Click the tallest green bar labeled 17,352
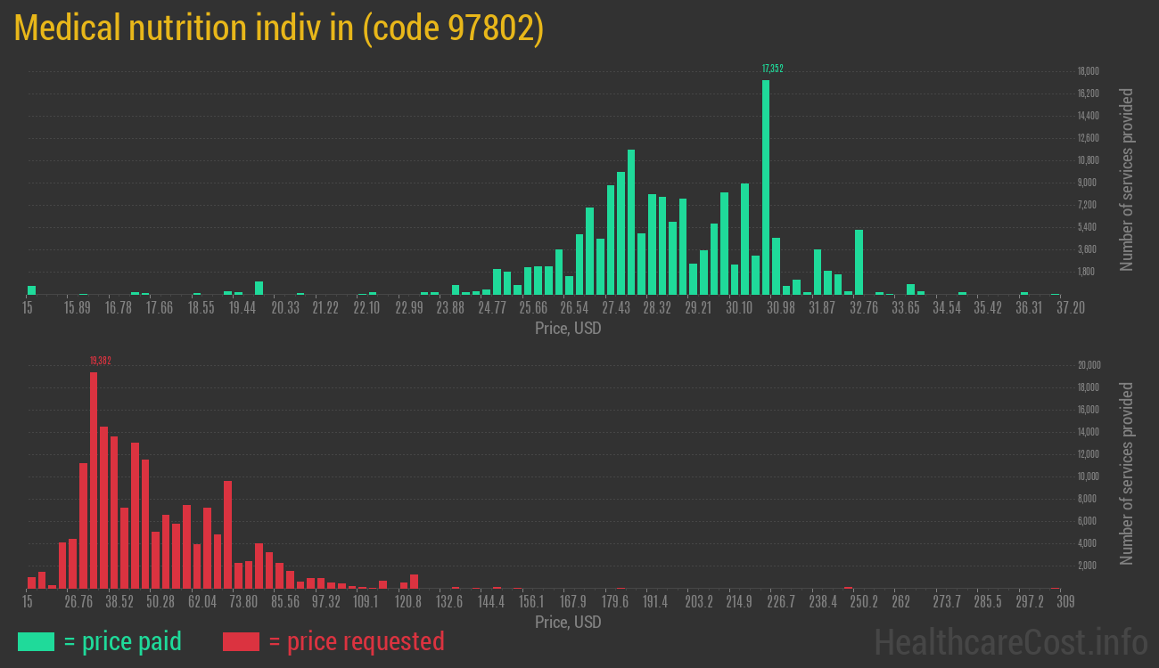[766, 187]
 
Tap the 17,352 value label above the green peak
[772, 69]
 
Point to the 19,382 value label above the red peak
[100, 361]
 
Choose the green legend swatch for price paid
[36, 641]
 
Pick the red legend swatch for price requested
[241, 641]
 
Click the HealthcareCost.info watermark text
[1010, 641]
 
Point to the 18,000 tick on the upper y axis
[1087, 71]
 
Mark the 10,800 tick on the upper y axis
[1087, 160]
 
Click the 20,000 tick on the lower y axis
[1089, 365]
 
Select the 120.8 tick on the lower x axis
[408, 602]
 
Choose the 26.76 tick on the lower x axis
[78, 602]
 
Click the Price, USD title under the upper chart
[568, 329]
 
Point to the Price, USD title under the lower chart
[568, 622]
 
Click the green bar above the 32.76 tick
[859, 262]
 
